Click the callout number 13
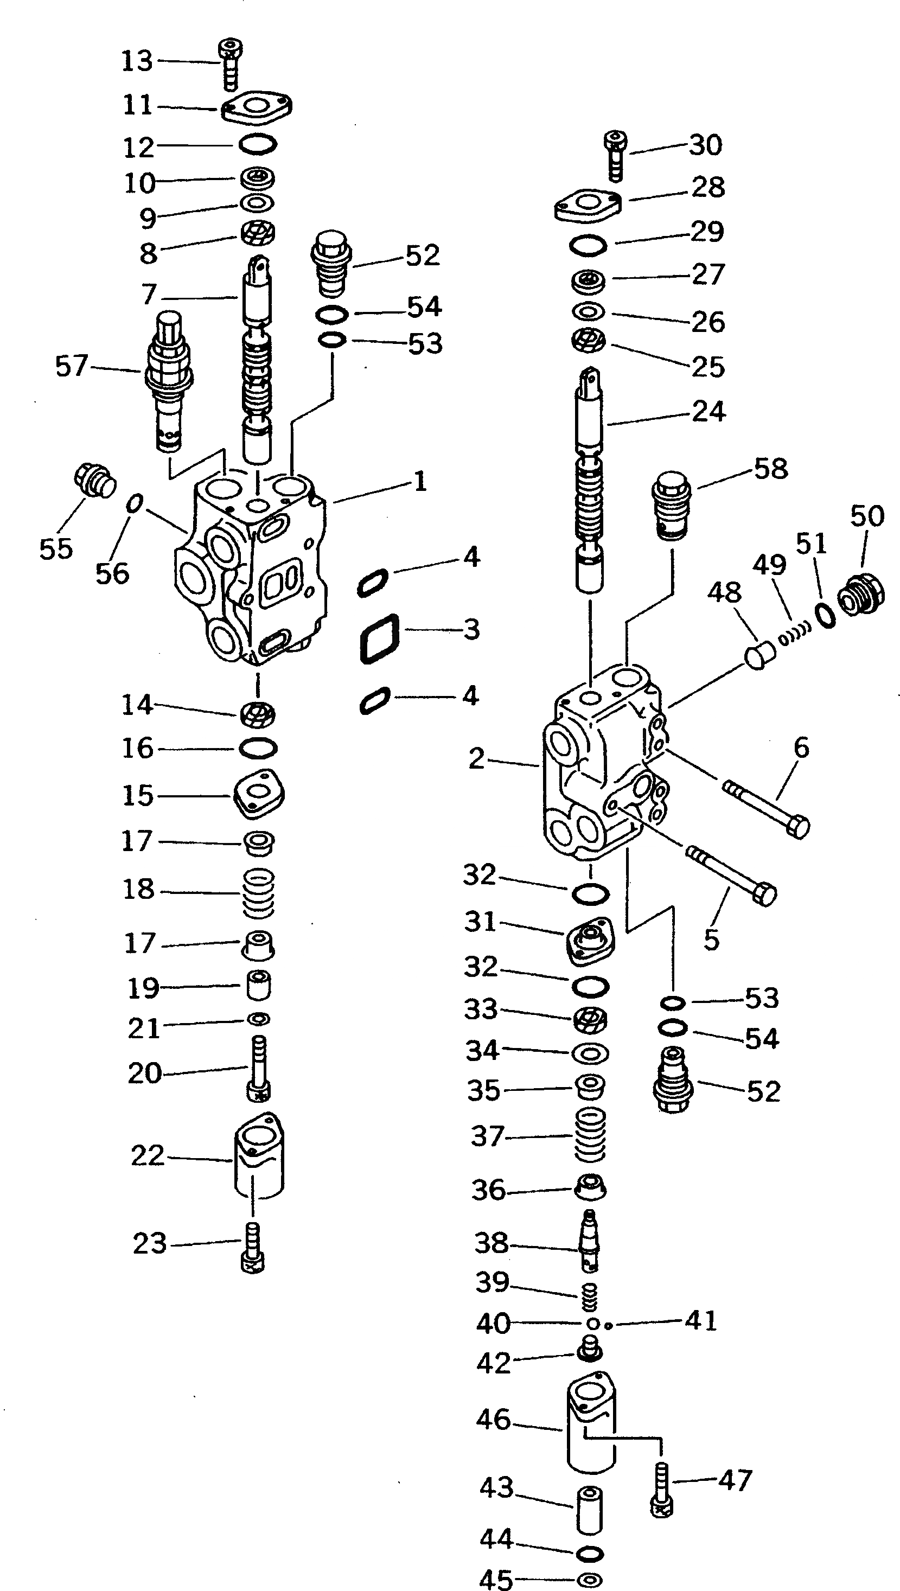(x=137, y=61)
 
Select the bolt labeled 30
(x=615, y=155)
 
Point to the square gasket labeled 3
(x=379, y=639)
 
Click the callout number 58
(x=770, y=469)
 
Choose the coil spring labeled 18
(x=258, y=892)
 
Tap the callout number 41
(x=701, y=1321)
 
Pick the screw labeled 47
(x=661, y=1498)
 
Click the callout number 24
(x=708, y=412)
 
